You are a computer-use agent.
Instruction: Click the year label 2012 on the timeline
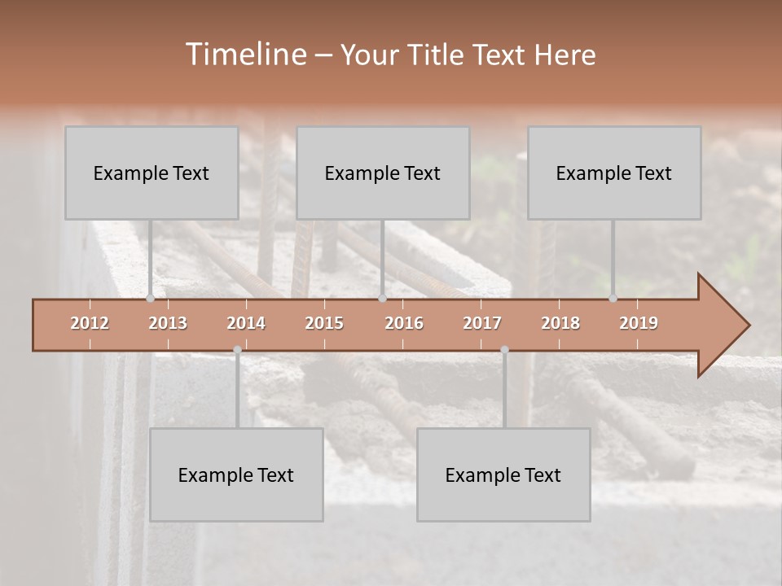pos(90,323)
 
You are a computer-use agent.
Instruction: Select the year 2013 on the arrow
pos(168,323)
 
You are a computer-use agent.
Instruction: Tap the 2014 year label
pos(246,323)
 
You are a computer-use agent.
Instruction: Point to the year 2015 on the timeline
pos(324,323)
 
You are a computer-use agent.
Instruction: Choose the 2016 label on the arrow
pos(404,323)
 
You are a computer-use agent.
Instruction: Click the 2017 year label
pos(482,323)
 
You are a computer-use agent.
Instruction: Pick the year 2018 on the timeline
pos(560,323)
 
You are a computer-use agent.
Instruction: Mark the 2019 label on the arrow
pos(639,323)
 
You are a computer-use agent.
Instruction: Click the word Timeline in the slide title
pos(245,55)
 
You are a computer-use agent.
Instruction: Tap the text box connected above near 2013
pos(152,173)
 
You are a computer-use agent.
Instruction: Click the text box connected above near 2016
pos(383,173)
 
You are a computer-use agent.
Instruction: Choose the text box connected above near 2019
pos(614,173)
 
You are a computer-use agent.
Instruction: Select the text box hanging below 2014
pos(236,474)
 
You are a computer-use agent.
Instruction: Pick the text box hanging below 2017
pos(503,474)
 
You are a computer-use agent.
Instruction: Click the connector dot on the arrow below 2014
pos(237,350)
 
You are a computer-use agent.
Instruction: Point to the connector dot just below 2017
pos(504,350)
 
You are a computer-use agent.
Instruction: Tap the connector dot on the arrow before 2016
pos(382,299)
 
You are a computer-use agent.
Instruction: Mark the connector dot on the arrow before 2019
pos(613,299)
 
